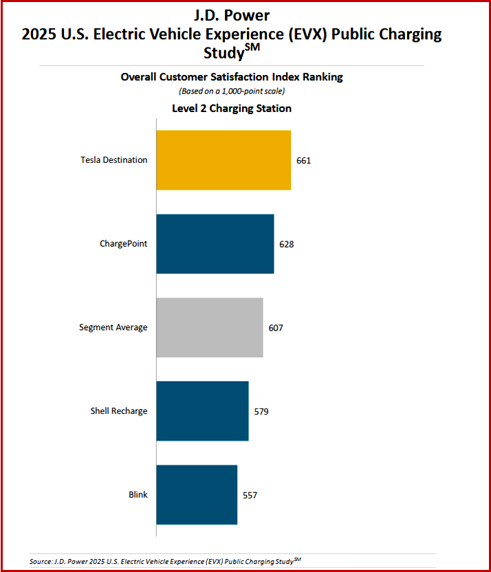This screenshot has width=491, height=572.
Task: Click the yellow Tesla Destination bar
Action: coord(223,160)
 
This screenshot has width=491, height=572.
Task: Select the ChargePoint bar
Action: coord(215,244)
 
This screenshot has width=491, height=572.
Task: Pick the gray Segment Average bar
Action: coord(209,327)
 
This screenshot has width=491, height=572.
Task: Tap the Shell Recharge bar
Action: coord(202,411)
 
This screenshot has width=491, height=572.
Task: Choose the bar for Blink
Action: coord(197,495)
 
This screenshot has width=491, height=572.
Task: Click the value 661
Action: coord(304,161)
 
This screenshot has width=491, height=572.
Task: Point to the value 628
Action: coord(287,244)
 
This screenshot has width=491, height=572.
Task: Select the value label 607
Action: coord(276,328)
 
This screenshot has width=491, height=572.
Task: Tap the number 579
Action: coord(261,412)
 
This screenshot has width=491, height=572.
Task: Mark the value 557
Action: coord(250,495)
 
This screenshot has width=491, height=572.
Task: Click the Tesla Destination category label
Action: coord(113,160)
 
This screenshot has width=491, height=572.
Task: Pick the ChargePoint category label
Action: coord(123,244)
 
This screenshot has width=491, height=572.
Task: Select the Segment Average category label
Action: coord(113,327)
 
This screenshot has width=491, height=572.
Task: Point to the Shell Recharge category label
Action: coord(119,411)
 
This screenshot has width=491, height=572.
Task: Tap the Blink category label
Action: coord(138,495)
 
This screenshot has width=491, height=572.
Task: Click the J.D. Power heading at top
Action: coord(232,14)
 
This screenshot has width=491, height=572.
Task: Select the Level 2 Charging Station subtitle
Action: coord(232,108)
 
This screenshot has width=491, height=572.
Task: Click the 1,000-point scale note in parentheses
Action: coord(232,91)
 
